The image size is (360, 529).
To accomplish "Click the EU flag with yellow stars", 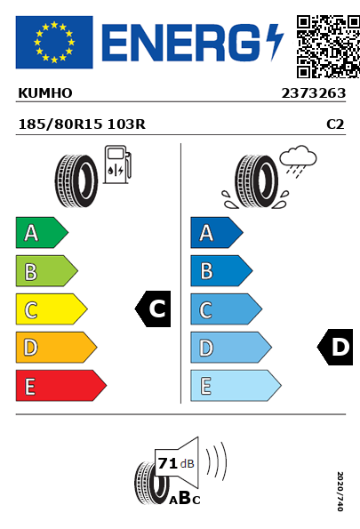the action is pyautogui.click(x=54, y=42).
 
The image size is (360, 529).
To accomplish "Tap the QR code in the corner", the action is pyautogui.click(x=328, y=46).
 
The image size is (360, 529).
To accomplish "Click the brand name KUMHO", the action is pyautogui.click(x=45, y=93).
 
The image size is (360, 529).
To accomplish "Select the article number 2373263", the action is pyautogui.click(x=314, y=93).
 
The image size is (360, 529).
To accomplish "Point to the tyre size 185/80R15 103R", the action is pyautogui.click(x=82, y=124).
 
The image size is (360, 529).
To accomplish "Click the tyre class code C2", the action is pyautogui.click(x=335, y=124).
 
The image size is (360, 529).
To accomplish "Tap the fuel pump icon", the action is pyautogui.click(x=117, y=164).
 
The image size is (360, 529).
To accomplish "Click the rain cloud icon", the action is pyautogui.click(x=299, y=161).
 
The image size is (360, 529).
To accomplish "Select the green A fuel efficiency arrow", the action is pyautogui.click(x=42, y=232).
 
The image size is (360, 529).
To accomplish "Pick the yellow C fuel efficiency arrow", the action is pyautogui.click(x=52, y=309).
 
